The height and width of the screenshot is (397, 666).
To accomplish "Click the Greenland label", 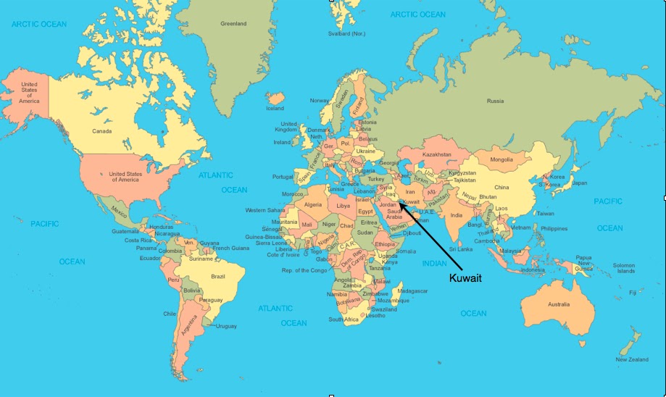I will (x=233, y=23).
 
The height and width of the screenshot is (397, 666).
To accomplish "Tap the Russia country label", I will (x=495, y=101).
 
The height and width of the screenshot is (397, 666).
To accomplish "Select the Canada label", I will (x=101, y=131).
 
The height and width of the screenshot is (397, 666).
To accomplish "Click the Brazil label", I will (x=217, y=276).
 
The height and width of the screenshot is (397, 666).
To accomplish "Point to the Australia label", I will (x=558, y=304).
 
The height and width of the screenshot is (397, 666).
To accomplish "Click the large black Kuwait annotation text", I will (x=466, y=277).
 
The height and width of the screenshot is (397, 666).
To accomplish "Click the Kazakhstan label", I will (x=437, y=154).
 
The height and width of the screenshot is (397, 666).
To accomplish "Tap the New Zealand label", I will (x=632, y=359).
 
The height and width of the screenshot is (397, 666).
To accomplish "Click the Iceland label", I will (x=275, y=109).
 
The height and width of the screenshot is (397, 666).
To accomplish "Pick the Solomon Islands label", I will (x=623, y=268).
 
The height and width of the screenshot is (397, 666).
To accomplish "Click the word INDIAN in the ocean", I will (x=435, y=264).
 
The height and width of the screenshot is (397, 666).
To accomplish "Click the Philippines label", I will (x=554, y=228).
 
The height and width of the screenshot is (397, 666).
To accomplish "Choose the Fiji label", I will (x=633, y=293).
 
